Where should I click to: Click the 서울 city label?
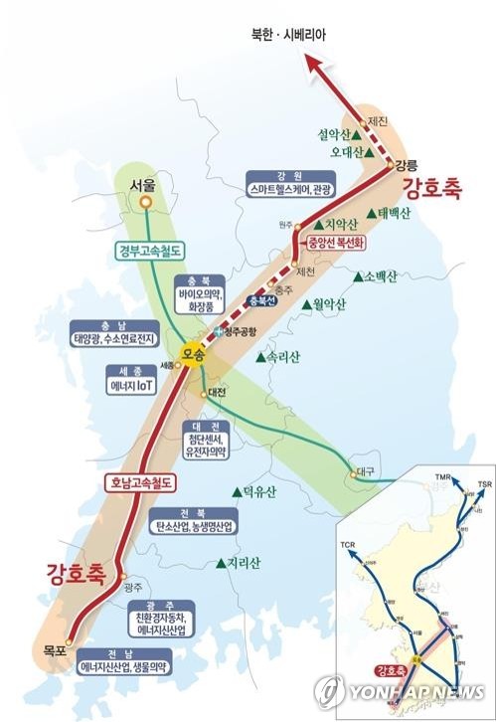tap(143, 185)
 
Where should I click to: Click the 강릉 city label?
tap(406, 164)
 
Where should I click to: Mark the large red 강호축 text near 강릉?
tap(433, 188)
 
